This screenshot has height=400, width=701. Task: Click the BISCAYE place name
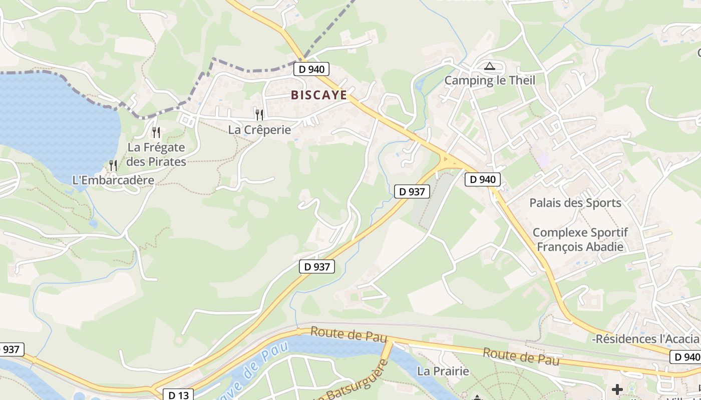click(x=319, y=95)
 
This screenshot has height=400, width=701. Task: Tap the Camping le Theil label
click(x=490, y=80)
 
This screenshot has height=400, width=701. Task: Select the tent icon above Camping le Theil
click(x=489, y=66)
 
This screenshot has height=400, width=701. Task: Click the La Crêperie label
click(x=259, y=130)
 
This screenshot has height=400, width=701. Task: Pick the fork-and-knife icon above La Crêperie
click(x=259, y=115)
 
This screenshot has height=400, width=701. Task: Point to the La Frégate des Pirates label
click(x=156, y=154)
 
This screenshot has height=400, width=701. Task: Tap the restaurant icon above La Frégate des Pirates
click(x=156, y=132)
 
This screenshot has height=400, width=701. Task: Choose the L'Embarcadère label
click(x=113, y=180)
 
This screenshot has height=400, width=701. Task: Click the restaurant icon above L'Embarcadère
click(x=113, y=165)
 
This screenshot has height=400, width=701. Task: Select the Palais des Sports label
click(x=575, y=203)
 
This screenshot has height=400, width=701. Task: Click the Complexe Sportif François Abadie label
click(x=580, y=239)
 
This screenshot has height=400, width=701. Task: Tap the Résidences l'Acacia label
click(x=646, y=339)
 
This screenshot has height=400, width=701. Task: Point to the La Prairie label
click(x=443, y=371)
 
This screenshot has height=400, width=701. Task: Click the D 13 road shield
click(x=178, y=395)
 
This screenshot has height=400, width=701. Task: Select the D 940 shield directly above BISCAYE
click(x=309, y=69)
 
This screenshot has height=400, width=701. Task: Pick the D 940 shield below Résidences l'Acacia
click(x=684, y=357)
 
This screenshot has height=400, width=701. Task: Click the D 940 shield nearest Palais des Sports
click(x=483, y=179)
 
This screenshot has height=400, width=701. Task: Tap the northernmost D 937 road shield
click(x=412, y=191)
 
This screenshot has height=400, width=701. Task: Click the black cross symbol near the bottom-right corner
click(x=617, y=389)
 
